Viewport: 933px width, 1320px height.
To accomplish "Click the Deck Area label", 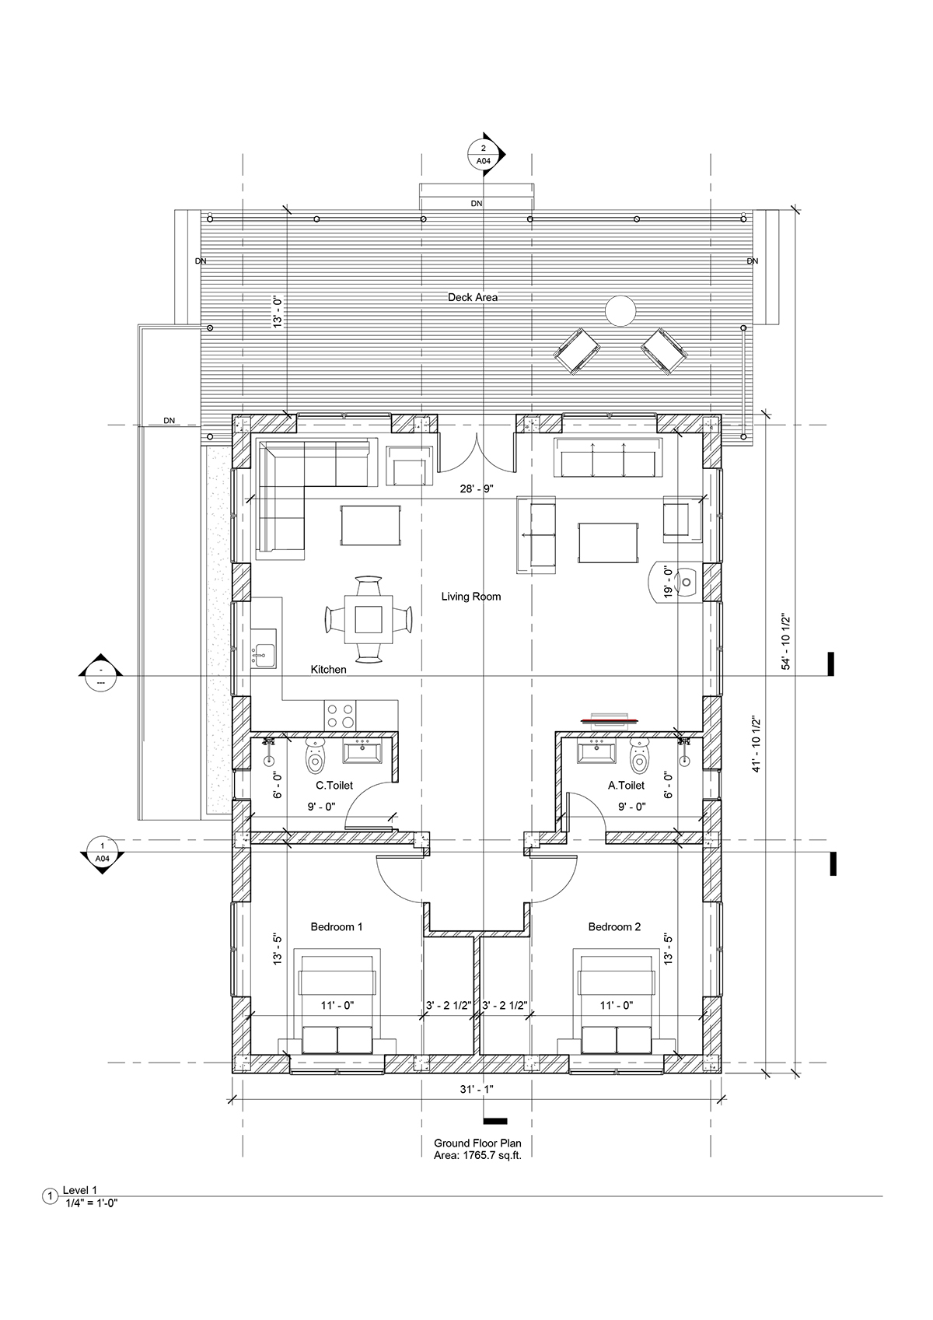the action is tap(473, 298).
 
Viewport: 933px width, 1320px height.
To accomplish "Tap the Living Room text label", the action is tap(471, 597).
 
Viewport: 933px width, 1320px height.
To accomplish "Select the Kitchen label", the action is tap(329, 670).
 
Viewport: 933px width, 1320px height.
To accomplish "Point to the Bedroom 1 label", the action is tap(337, 927).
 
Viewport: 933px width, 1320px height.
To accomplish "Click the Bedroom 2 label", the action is tap(614, 927).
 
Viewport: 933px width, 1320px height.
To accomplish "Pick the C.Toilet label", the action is tap(334, 786).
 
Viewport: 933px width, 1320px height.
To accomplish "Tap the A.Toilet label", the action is tap(626, 786).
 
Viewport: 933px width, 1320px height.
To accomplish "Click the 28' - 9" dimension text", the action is tap(477, 489).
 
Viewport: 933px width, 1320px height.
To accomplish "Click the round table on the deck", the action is tap(620, 310).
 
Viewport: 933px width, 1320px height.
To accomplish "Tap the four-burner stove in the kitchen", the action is tap(340, 716).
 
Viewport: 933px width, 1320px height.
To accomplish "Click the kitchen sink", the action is tap(264, 648).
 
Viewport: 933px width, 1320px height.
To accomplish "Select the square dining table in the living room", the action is tap(368, 619).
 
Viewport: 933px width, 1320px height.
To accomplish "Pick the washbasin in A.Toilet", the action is tap(596, 751).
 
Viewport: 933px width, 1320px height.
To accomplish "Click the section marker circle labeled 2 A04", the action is tap(484, 154).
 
